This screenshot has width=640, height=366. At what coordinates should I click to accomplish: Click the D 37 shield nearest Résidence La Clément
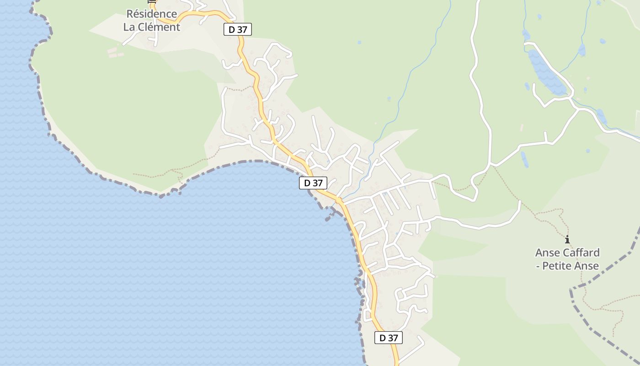pos(238,30)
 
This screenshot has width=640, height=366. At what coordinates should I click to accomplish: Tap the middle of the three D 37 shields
pos(313,183)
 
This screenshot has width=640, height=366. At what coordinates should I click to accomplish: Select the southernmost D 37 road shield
pos(389,338)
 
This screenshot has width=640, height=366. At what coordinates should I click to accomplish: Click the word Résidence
pos(152,14)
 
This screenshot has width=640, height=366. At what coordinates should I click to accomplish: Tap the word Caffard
pos(581,253)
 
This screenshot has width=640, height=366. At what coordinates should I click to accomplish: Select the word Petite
pos(558,265)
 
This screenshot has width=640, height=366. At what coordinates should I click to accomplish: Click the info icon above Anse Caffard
pos(567,239)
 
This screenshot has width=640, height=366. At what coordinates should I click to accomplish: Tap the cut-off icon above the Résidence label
pos(152,1)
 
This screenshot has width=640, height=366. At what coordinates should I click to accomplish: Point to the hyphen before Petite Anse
pos(538,265)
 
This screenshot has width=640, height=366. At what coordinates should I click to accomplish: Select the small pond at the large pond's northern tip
pos(526,35)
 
